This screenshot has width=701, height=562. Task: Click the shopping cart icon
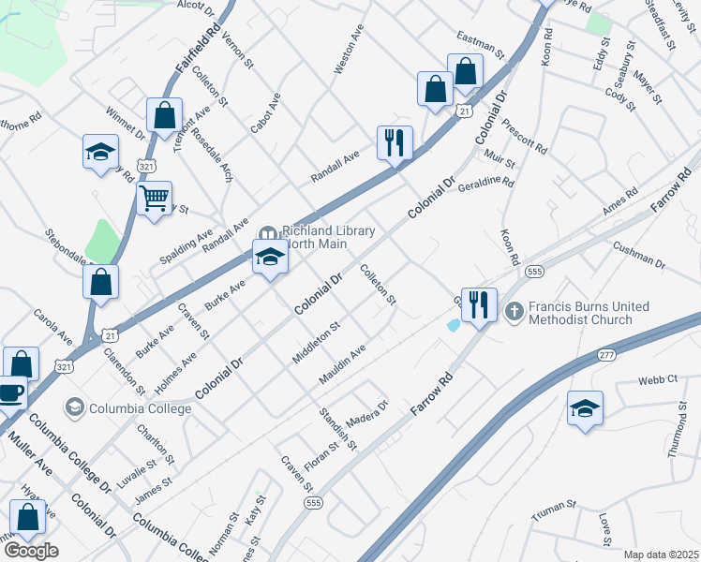coord(154,199)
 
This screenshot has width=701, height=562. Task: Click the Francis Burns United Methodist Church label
coord(580,313)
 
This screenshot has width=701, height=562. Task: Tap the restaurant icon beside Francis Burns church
coord(479,303)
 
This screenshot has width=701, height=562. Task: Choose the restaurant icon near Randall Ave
coord(394,143)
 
